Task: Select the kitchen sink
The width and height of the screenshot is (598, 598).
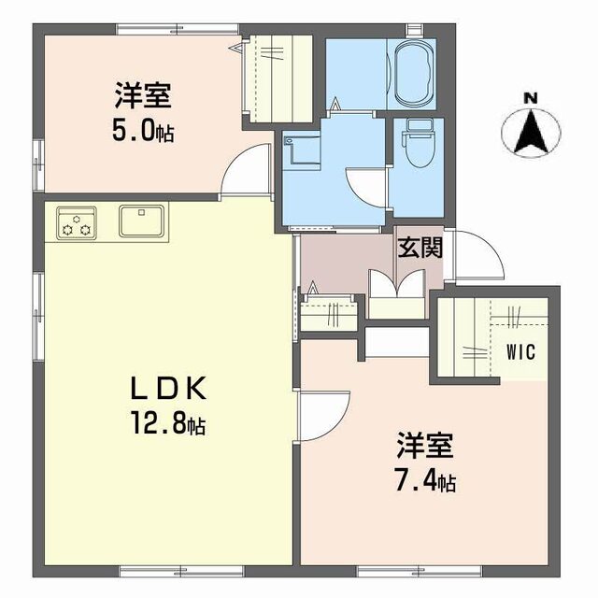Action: (x=142, y=222)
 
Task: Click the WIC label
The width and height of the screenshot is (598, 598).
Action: (x=520, y=352)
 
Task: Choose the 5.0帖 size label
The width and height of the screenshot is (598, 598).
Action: (x=141, y=130)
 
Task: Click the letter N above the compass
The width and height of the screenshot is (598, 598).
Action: (x=531, y=97)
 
